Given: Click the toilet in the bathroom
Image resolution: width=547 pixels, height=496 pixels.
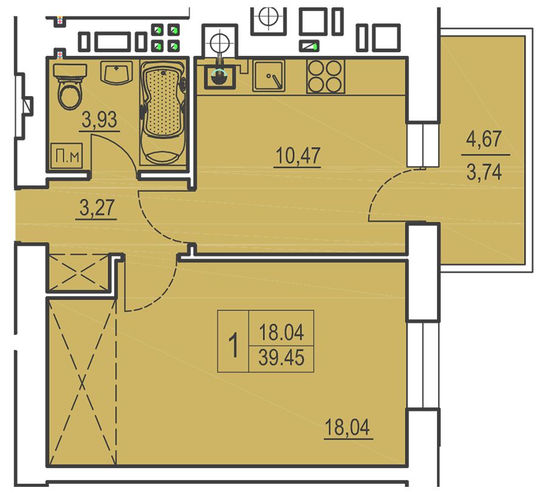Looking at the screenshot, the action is (70, 86).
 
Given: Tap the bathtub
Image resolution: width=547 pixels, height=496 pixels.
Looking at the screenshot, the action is (163, 112).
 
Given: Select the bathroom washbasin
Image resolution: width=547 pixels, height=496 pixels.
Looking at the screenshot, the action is (117, 72).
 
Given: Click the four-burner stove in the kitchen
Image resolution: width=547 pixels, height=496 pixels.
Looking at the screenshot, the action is (326, 76).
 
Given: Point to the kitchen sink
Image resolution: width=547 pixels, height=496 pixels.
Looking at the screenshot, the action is (269, 76).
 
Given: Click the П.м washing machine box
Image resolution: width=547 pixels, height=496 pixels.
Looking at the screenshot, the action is (67, 156).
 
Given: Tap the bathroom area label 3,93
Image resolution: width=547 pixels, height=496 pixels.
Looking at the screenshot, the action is (100, 120).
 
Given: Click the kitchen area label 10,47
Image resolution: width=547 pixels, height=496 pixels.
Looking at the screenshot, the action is (298, 156).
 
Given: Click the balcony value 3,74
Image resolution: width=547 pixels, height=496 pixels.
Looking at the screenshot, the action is (484, 172).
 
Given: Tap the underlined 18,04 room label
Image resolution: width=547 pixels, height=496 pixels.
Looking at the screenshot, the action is (347, 427).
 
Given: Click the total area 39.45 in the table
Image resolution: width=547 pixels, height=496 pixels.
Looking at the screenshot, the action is (281, 358).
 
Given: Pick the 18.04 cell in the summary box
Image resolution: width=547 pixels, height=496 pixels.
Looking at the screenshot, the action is (281, 332).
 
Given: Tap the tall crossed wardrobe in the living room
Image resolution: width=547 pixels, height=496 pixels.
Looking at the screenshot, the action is (82, 382).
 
